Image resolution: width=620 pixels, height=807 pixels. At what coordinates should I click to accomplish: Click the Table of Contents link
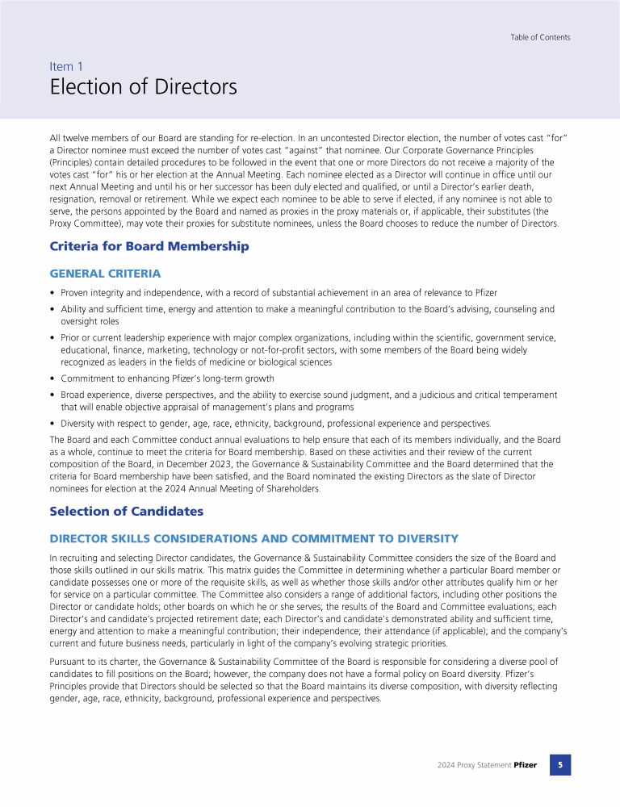point(540,37)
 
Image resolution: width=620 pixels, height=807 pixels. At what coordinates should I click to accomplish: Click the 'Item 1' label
point(66,66)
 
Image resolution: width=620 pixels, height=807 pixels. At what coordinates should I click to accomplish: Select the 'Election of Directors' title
point(144,87)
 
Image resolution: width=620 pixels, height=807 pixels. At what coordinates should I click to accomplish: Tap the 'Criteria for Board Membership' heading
point(149,246)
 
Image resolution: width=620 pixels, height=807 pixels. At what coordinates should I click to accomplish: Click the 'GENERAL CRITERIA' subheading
point(105,274)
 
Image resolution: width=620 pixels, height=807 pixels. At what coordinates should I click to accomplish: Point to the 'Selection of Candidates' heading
point(126,511)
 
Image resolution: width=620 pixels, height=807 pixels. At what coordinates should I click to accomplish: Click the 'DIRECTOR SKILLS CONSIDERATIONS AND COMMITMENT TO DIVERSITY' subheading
point(253,538)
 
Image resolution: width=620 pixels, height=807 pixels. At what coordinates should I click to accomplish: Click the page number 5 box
point(560,764)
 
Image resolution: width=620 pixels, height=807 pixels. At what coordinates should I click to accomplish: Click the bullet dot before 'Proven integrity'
point(52,292)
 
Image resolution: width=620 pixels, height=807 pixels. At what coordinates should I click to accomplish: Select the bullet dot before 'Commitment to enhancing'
point(52,378)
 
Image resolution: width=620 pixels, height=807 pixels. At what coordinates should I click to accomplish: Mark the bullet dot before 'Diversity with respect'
point(52,424)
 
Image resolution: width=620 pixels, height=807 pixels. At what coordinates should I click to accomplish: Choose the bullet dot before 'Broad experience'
point(52,395)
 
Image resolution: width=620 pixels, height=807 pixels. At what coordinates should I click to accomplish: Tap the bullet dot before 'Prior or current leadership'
point(52,338)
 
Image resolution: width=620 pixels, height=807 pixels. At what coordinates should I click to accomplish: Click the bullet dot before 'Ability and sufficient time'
point(52,309)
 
